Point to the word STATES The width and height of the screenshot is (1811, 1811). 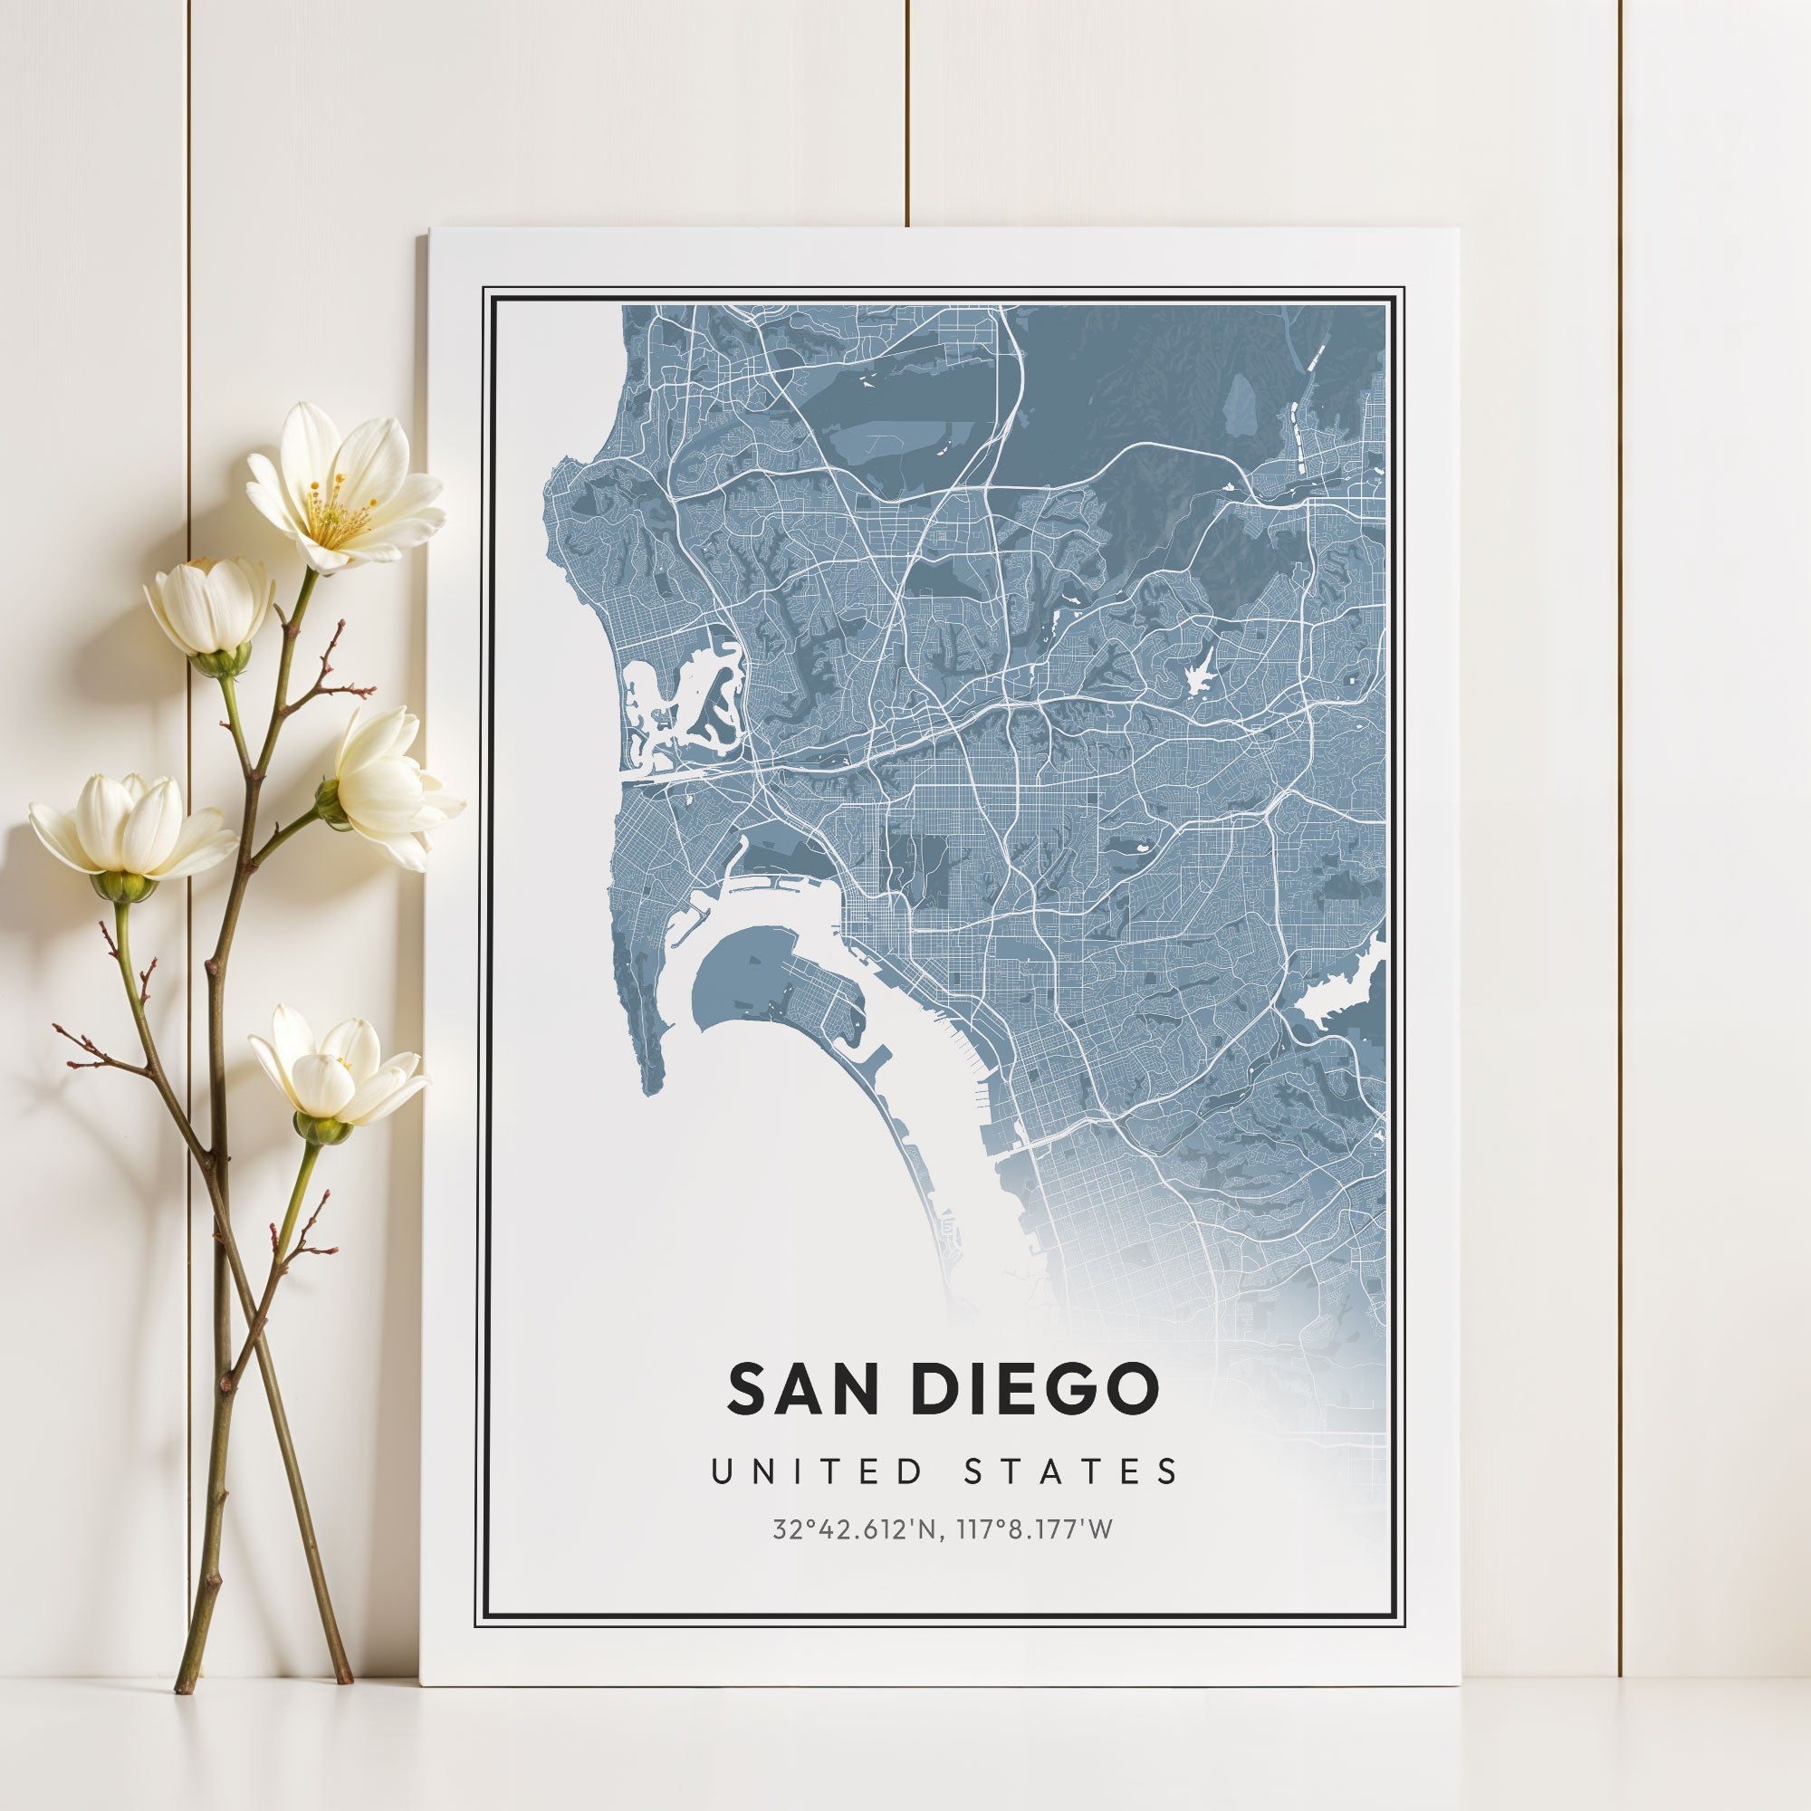pyautogui.click(x=1070, y=1471)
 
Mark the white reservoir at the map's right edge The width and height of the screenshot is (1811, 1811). pyautogui.click(x=1336, y=998)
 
